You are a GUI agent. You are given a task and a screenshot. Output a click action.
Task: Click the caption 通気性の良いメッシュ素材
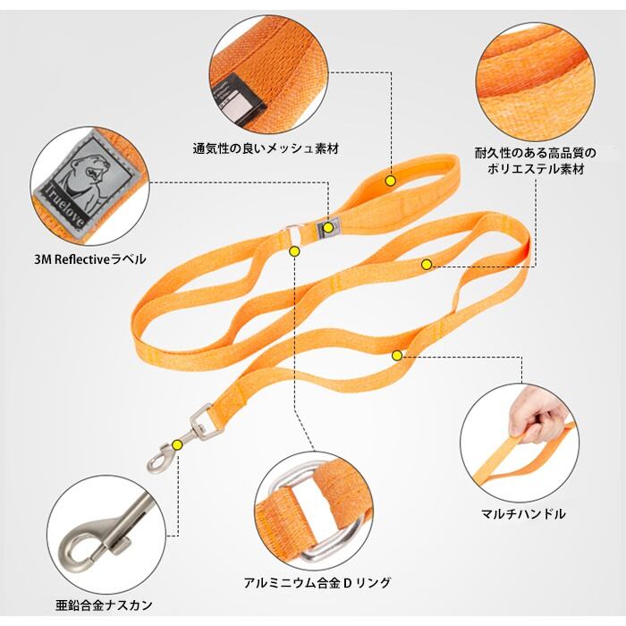tap(266, 149)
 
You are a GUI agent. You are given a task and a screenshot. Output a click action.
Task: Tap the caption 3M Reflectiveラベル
tap(90, 259)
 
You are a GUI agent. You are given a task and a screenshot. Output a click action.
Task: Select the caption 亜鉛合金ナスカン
tap(104, 605)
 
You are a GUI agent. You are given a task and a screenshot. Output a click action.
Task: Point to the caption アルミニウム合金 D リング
tap(317, 582)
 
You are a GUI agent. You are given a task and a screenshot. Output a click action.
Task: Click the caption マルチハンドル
tap(523, 513)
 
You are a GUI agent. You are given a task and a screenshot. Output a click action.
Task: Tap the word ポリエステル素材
tap(536, 168)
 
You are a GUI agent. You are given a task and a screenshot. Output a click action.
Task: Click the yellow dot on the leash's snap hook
tap(177, 444)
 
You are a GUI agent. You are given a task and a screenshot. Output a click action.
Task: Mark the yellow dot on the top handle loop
tap(391, 181)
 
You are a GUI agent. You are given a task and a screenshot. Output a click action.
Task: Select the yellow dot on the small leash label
tap(328, 227)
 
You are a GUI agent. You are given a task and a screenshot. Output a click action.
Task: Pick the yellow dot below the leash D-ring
tap(294, 251)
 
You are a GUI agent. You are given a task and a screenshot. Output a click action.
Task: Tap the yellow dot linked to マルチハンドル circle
tap(397, 355)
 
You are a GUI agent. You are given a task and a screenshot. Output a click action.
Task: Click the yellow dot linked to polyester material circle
tap(427, 265)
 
